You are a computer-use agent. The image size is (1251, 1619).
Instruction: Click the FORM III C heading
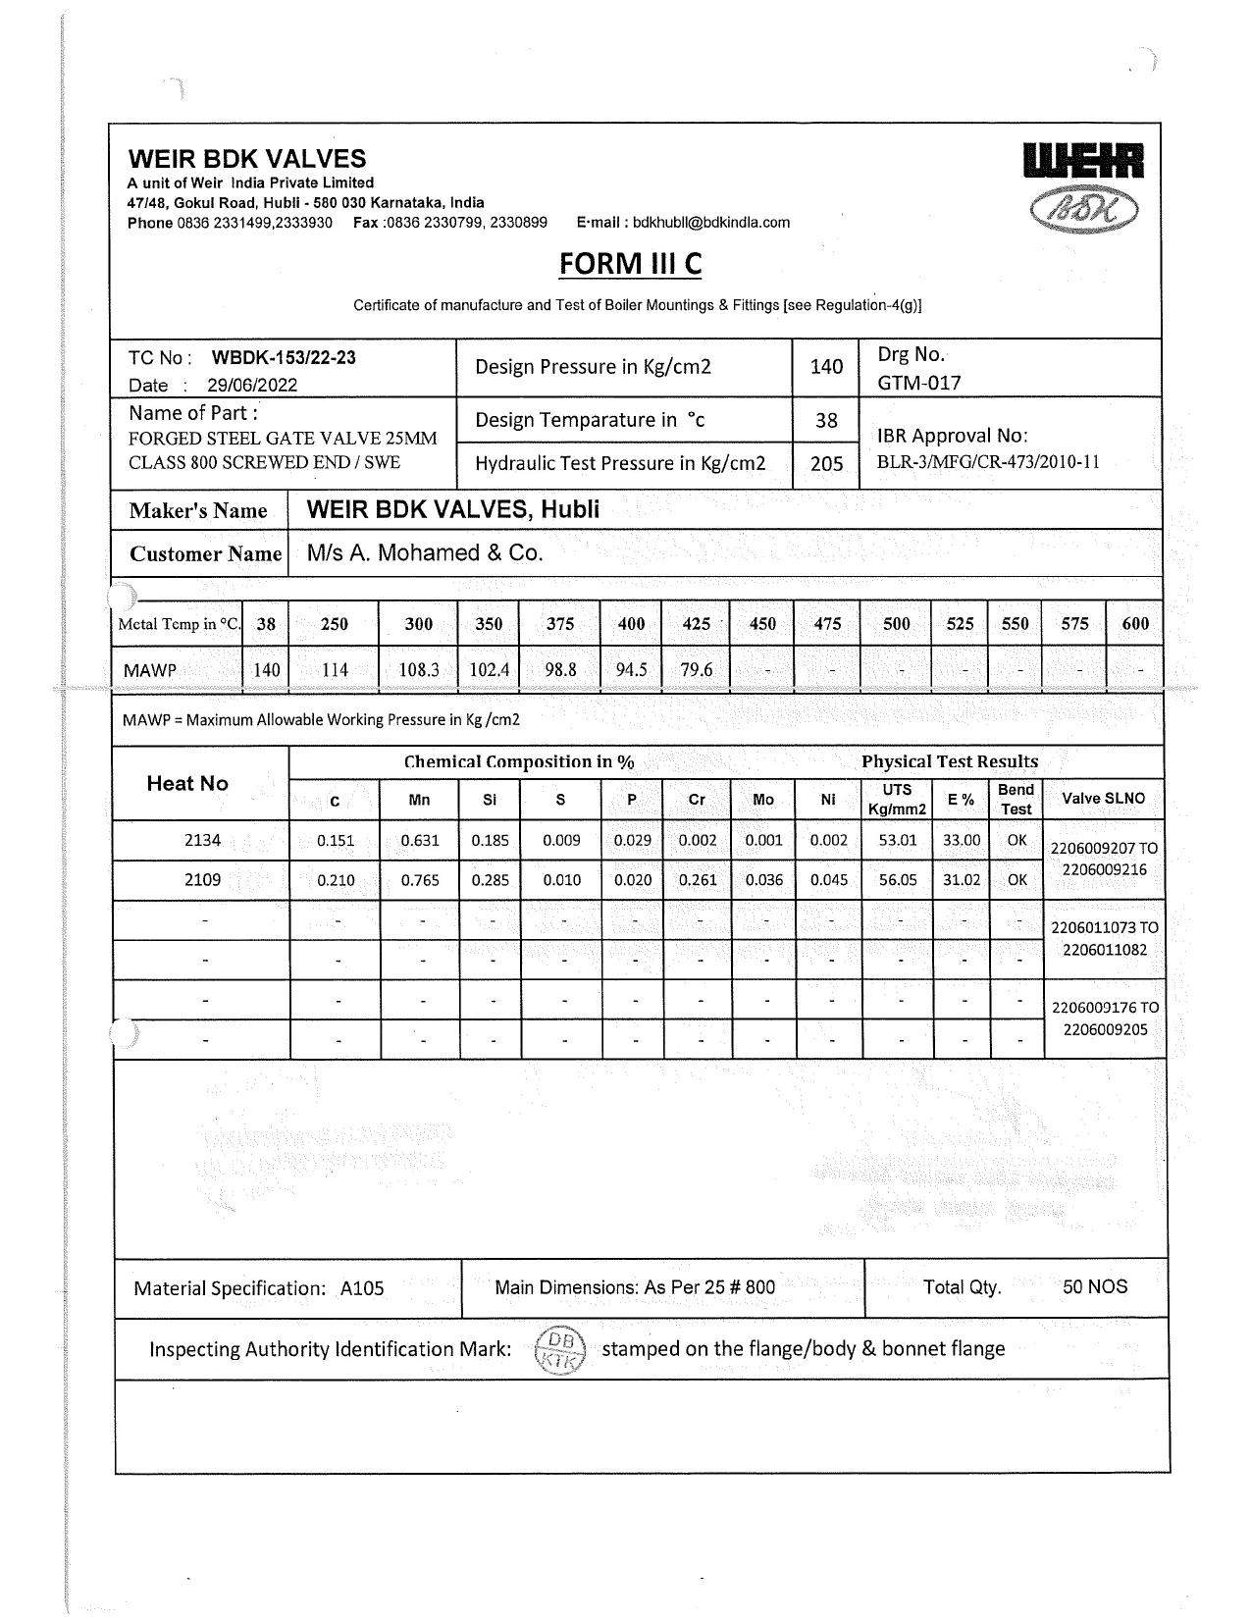tap(630, 264)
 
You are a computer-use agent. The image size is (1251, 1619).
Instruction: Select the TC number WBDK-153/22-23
tap(284, 357)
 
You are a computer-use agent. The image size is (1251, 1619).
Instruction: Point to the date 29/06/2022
tap(251, 386)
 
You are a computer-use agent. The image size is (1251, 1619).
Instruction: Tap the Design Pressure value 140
tap(826, 367)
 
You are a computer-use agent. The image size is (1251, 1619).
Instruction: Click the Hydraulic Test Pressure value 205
tap(826, 464)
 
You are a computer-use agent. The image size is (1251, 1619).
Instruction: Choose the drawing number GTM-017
tap(918, 383)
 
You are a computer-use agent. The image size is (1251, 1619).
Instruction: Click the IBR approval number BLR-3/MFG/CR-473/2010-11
tap(988, 462)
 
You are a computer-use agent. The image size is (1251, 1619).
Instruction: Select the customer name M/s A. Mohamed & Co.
tap(425, 553)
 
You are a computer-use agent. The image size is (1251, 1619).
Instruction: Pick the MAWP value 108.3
tap(419, 670)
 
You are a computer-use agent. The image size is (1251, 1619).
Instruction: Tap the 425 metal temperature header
tap(696, 624)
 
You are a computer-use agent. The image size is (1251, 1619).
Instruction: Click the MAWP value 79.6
tap(696, 670)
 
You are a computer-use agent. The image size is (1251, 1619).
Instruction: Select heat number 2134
tap(202, 840)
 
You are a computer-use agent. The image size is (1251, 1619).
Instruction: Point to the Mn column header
tap(419, 800)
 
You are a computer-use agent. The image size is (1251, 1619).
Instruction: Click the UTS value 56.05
tap(898, 880)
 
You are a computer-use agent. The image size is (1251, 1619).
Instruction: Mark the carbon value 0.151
tap(336, 841)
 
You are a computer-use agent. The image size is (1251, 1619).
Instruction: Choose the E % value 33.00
tap(962, 840)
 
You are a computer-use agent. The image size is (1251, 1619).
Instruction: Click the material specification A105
tap(362, 1289)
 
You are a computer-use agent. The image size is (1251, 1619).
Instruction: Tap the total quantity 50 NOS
tap(1095, 1287)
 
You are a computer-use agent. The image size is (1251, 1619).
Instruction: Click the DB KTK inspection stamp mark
tap(561, 1350)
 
